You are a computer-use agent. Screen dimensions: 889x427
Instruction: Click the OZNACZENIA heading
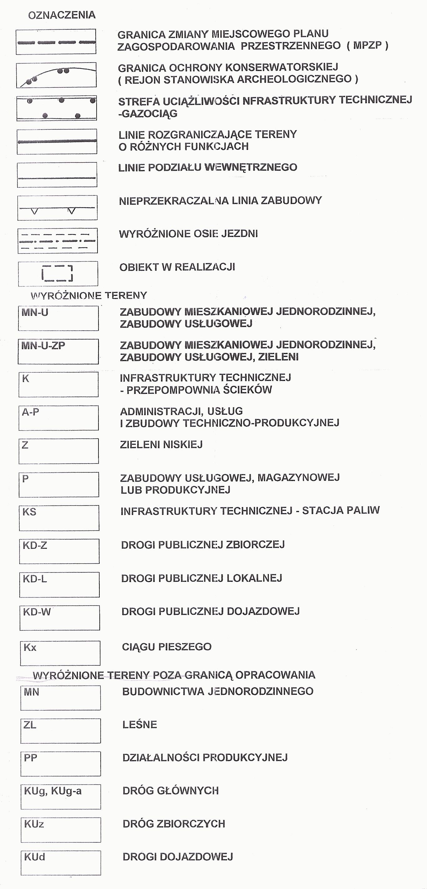(x=62, y=15)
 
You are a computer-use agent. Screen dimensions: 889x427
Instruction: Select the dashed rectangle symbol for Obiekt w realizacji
(x=57, y=274)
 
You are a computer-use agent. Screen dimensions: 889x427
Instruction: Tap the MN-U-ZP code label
(x=43, y=345)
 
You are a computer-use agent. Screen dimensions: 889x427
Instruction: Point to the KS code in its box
(x=29, y=512)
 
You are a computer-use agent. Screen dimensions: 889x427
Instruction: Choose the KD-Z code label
(x=35, y=545)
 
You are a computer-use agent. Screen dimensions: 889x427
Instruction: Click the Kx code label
(x=30, y=648)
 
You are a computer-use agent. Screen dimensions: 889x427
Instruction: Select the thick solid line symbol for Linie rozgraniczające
(x=57, y=141)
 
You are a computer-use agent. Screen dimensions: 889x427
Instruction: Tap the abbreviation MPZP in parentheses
(x=367, y=45)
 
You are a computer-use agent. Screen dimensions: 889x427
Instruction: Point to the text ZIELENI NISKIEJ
(x=161, y=444)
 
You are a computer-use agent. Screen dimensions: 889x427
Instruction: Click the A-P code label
(x=31, y=412)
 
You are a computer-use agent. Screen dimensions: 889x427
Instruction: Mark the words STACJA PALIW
(x=341, y=511)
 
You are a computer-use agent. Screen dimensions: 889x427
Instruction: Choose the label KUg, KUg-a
(x=53, y=791)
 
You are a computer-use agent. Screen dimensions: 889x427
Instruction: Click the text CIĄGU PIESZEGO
(x=167, y=647)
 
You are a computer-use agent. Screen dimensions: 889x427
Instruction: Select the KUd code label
(x=34, y=857)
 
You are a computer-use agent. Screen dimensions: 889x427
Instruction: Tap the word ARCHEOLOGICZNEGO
(x=294, y=79)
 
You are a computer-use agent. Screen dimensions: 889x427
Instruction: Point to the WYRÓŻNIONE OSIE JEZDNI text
(x=188, y=234)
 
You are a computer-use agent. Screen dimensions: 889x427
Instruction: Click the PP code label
(x=30, y=758)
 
